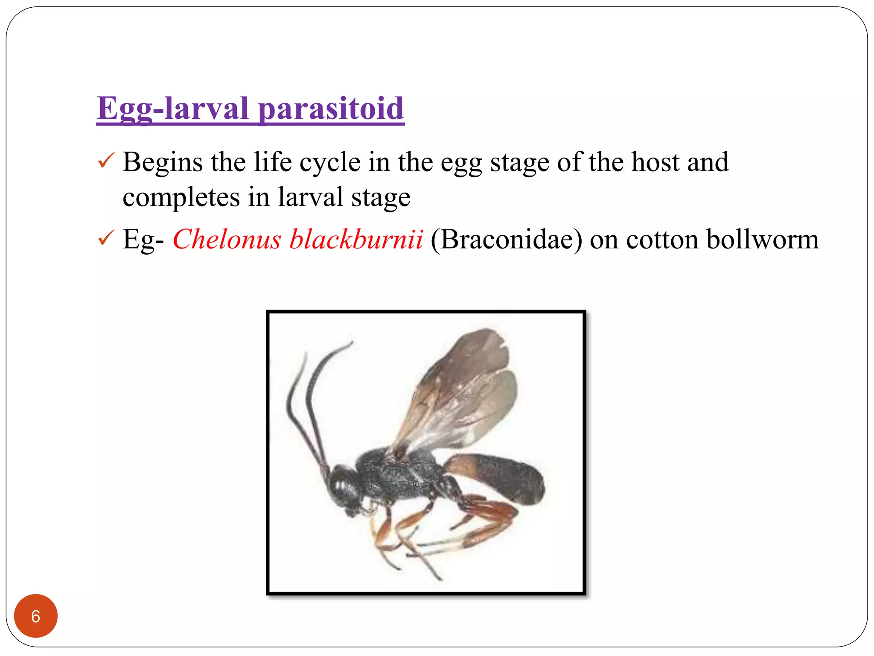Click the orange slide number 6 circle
[x=36, y=616]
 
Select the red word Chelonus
[x=227, y=239]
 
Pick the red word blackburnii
[x=356, y=239]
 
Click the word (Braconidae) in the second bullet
[x=506, y=239]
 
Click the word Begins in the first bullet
[x=163, y=163]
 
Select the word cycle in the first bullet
[x=330, y=163]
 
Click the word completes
[x=181, y=197]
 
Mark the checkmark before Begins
[x=105, y=161]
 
